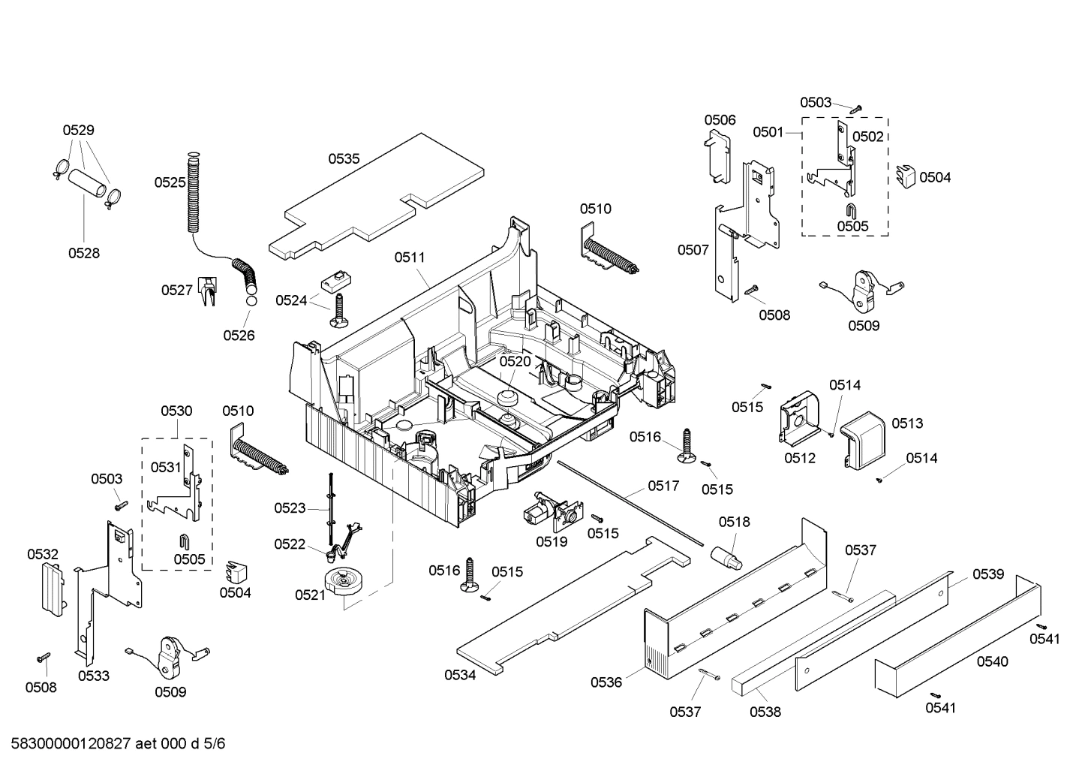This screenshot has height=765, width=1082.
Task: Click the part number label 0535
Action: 344,159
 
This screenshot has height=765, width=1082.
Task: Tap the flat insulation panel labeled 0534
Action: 570,608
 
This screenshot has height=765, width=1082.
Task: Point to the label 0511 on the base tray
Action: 410,258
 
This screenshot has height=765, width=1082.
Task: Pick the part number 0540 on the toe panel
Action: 992,662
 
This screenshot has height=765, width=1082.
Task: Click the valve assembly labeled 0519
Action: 549,514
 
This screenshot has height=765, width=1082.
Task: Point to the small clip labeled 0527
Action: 206,291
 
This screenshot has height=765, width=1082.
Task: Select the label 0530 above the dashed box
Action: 176,411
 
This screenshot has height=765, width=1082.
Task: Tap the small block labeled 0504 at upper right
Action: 906,177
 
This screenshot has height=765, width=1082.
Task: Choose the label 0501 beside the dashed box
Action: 768,132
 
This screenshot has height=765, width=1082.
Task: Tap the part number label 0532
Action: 43,555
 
